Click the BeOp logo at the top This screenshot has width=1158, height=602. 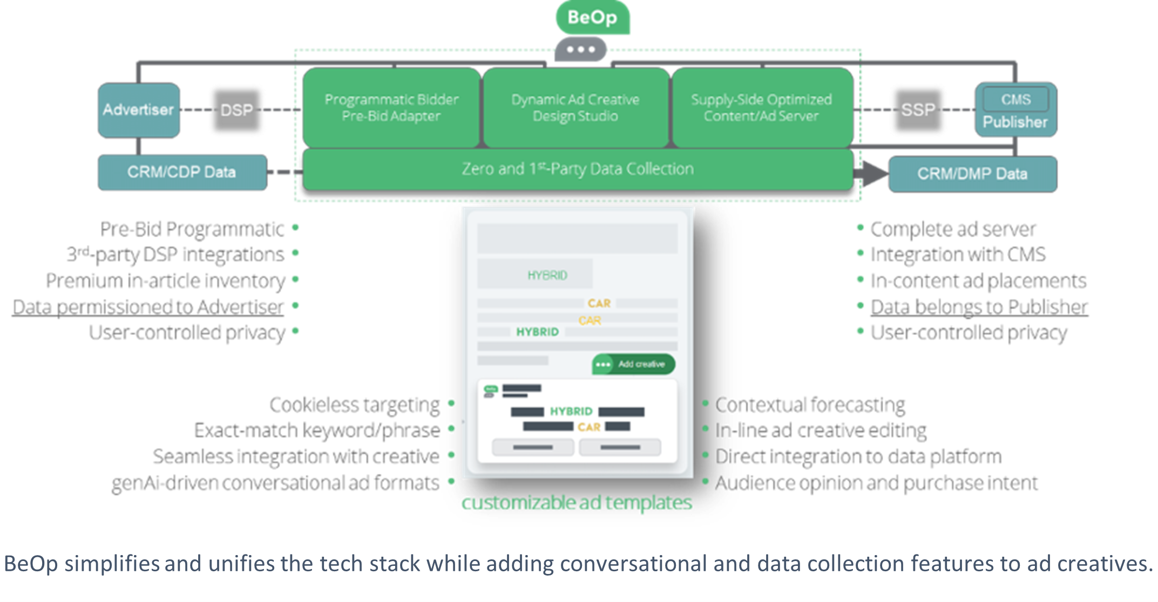click(592, 17)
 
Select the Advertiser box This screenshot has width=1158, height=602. click(139, 110)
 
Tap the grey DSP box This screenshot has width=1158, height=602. click(236, 110)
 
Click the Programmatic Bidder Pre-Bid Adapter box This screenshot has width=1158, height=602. click(391, 107)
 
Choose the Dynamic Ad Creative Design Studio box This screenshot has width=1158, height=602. click(575, 107)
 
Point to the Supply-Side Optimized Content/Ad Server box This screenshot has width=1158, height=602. click(762, 107)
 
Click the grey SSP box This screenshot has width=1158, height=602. click(918, 110)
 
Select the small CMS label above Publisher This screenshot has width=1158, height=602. click(1015, 99)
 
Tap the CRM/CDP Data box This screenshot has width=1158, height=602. click(182, 172)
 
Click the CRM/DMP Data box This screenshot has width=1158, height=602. click(972, 174)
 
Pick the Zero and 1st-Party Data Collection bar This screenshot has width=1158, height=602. click(578, 169)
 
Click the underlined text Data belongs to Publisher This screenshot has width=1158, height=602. click(979, 306)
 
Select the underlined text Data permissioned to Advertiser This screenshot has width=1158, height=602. click(148, 306)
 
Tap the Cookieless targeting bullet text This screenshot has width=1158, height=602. click(355, 405)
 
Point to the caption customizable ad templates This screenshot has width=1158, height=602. click(577, 503)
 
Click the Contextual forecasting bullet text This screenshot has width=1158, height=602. click(810, 405)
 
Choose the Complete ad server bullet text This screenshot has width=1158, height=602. click(953, 229)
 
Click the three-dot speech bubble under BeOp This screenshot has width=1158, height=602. click(581, 50)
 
